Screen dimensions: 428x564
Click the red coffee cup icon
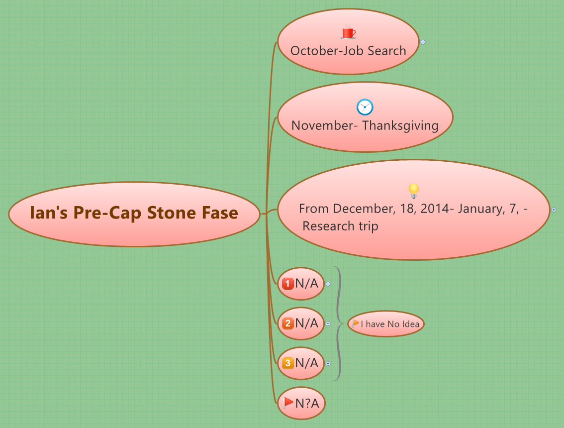pos(348,32)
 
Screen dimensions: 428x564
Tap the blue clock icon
pos(365,107)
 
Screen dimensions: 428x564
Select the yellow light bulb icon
pos(413,190)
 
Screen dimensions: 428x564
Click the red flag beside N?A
pos(288,403)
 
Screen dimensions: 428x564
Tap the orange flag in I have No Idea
pos(356,323)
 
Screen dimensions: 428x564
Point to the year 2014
pos(434,209)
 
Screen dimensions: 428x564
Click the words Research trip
pos(340,226)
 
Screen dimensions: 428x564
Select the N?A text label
pos(307,403)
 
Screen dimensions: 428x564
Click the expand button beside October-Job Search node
pos(423,42)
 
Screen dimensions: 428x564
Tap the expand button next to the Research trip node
pos(554,210)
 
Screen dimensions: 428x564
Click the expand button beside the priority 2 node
pos(328,324)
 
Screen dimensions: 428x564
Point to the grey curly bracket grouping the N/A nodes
pos(339,323)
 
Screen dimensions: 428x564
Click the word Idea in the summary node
pos(410,324)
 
